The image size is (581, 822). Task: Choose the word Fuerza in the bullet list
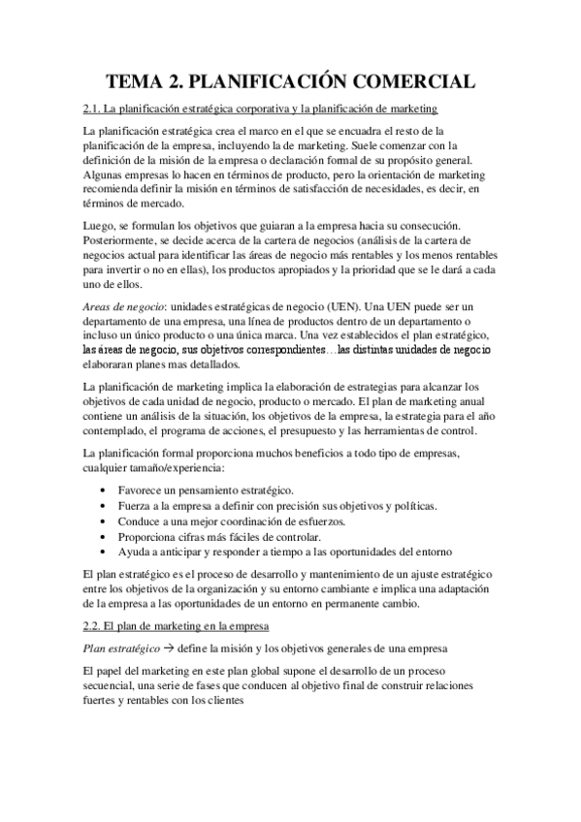(x=133, y=506)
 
